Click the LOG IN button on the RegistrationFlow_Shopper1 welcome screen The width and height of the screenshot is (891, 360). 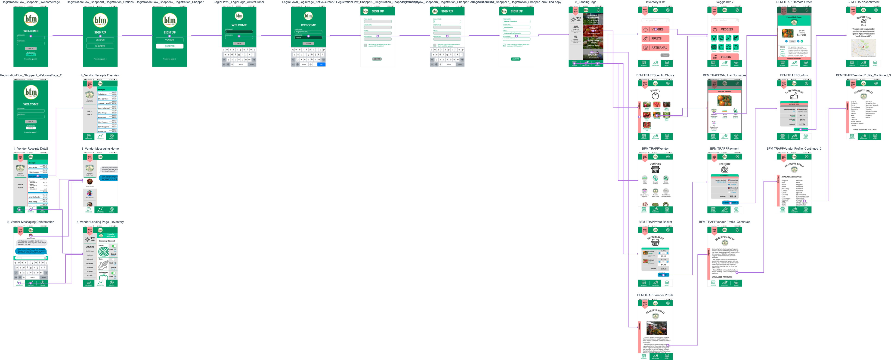click(x=31, y=48)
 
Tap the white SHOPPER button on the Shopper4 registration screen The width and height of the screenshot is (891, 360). click(x=170, y=46)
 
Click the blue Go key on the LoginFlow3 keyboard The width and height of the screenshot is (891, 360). click(x=321, y=64)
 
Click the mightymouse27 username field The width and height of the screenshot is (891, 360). click(x=308, y=31)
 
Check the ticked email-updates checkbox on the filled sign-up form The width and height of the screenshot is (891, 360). click(x=504, y=45)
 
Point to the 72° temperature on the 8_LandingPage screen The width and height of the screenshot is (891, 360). click(x=578, y=19)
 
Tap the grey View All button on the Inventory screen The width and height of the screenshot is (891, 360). click(x=665, y=55)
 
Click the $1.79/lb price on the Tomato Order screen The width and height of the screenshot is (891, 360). click(x=801, y=35)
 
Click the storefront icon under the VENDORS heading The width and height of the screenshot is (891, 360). click(x=655, y=169)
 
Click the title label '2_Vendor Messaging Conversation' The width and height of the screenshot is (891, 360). click(x=31, y=222)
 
